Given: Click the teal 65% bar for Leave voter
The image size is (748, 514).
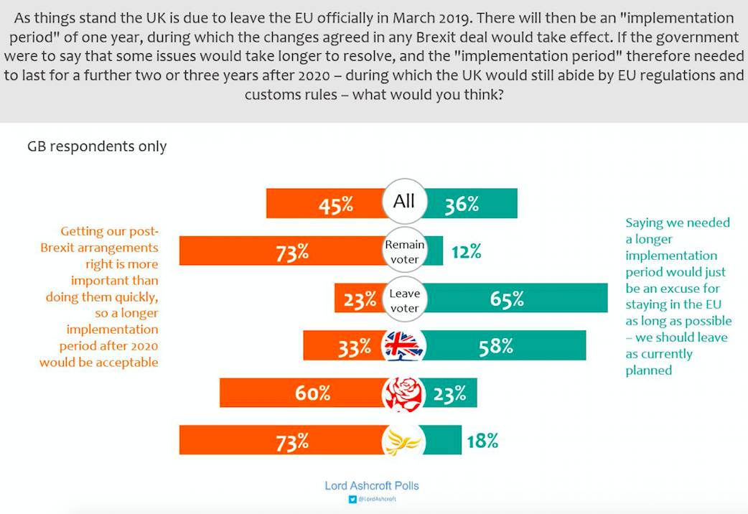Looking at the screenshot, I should pos(517,298).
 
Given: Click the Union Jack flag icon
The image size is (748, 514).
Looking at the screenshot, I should pos(404,345).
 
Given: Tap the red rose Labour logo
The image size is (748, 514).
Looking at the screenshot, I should pos(404,393).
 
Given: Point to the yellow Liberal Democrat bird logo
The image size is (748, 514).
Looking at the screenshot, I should pos(404,441).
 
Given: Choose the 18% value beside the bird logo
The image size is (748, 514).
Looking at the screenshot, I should pos(482,441).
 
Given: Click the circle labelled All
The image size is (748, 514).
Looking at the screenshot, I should pos(404,201).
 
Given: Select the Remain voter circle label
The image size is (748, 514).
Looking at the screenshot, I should pos(404,251).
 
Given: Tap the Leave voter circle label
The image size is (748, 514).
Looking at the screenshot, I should pos(404,300).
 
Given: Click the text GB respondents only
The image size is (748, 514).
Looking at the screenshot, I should pos(97,146).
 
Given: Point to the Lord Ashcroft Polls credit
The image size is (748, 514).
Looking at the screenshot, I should pos(372,486).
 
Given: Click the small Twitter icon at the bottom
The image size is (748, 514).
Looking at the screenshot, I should pos(352,499).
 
